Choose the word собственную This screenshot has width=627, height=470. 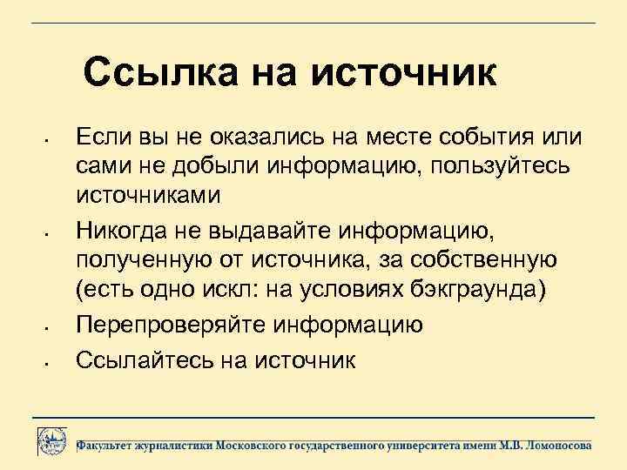pyautogui.click(x=488, y=258)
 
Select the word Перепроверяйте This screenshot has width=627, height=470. pyautogui.click(x=171, y=325)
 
